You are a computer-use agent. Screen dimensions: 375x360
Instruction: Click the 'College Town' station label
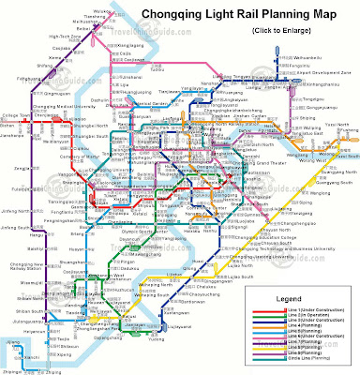pos(16,115)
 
